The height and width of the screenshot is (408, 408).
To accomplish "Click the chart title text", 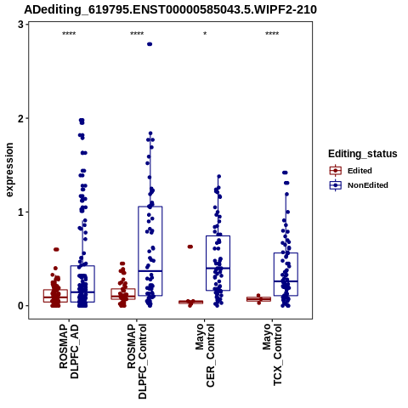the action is (170, 9).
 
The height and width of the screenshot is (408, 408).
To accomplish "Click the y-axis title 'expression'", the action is (9, 170).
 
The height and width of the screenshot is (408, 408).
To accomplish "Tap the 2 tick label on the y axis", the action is (20, 118).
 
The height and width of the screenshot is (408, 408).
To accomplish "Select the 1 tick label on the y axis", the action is (20, 212).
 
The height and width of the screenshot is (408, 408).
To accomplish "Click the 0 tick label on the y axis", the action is (20, 306).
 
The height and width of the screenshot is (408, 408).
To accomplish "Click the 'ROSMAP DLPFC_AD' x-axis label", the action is (69, 352).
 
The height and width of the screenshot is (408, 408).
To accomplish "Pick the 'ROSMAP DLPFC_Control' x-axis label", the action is (137, 361).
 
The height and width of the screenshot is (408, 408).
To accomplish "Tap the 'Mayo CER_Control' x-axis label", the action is (205, 356).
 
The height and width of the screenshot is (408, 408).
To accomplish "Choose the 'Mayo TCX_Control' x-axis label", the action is (272, 355).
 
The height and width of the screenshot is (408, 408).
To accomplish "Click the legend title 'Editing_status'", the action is (363, 154).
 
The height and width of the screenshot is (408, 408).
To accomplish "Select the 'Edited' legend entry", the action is (351, 171).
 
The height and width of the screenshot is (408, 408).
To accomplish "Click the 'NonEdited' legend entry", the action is (359, 185).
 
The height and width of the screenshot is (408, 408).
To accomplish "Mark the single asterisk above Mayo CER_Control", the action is (205, 34).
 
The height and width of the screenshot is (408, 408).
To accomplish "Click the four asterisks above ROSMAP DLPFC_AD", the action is (69, 34).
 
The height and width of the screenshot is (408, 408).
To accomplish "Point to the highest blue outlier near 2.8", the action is (150, 44).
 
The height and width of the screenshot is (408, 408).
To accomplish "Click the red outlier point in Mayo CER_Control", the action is (190, 246).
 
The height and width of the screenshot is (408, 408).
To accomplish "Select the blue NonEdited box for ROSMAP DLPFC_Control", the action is (150, 251).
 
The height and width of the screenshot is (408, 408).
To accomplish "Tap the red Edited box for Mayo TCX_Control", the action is (258, 299).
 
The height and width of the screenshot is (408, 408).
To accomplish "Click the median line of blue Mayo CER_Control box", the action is (218, 268).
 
